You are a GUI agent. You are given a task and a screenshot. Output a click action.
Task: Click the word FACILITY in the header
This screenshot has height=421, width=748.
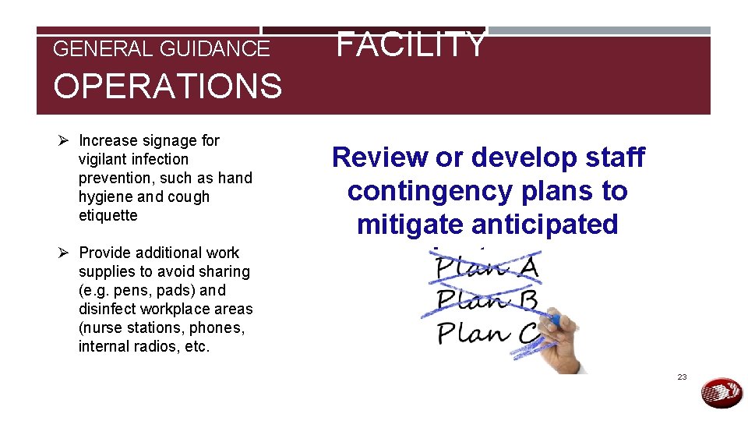411,44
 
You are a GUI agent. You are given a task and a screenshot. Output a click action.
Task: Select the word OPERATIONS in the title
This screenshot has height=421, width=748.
167,86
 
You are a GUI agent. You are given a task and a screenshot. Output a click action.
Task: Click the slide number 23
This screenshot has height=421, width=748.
682,377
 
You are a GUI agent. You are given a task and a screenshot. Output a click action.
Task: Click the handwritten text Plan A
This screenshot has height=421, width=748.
487,267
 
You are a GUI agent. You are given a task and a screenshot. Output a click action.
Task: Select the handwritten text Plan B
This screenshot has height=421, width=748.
487,300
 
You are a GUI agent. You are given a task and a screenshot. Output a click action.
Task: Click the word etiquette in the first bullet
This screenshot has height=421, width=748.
108,215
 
